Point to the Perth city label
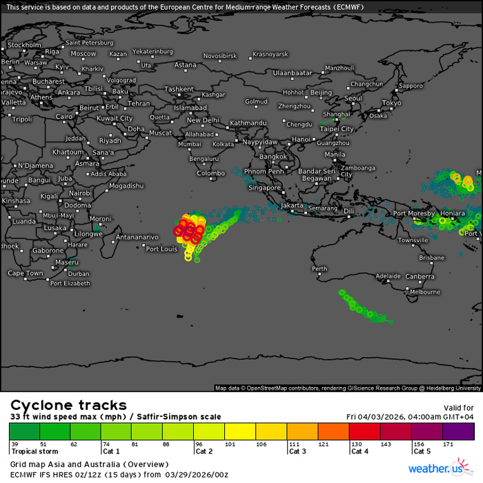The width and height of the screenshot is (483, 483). pos(319,269)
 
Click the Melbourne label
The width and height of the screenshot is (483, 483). pos(424,292)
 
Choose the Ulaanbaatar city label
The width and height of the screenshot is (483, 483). pos(293,72)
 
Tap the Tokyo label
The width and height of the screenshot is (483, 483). pos(391,103)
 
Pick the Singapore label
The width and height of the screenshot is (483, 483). pos(266,187)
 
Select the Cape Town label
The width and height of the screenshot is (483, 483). pos(25,273)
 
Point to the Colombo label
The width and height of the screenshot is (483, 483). pos(210,173)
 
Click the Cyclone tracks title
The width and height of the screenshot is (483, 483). pos(68,405)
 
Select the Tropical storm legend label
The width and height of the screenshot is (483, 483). pos(32,451)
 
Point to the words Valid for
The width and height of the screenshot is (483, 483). pos(458,408)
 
